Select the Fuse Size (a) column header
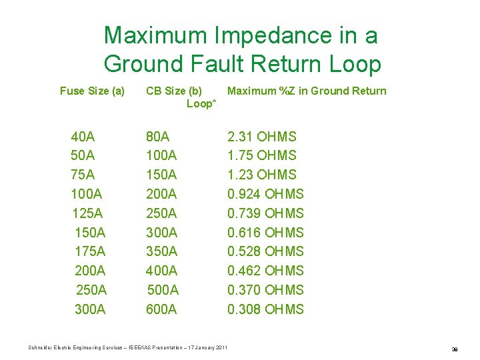coord(92,91)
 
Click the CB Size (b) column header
coord(174,91)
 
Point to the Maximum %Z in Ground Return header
coord(307,91)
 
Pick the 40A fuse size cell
coord(83,137)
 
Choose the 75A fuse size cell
coord(83,175)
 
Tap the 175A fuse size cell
coord(90,252)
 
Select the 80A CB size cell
coord(158,137)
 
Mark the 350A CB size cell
coord(162,252)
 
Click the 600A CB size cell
coord(162,309)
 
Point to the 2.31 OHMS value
coord(262,137)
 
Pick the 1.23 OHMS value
coord(262,175)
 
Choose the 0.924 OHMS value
coord(265,195)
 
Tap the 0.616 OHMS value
coord(265,233)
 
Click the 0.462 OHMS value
coord(265,271)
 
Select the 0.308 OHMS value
coord(265,309)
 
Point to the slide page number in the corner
coord(455,349)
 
